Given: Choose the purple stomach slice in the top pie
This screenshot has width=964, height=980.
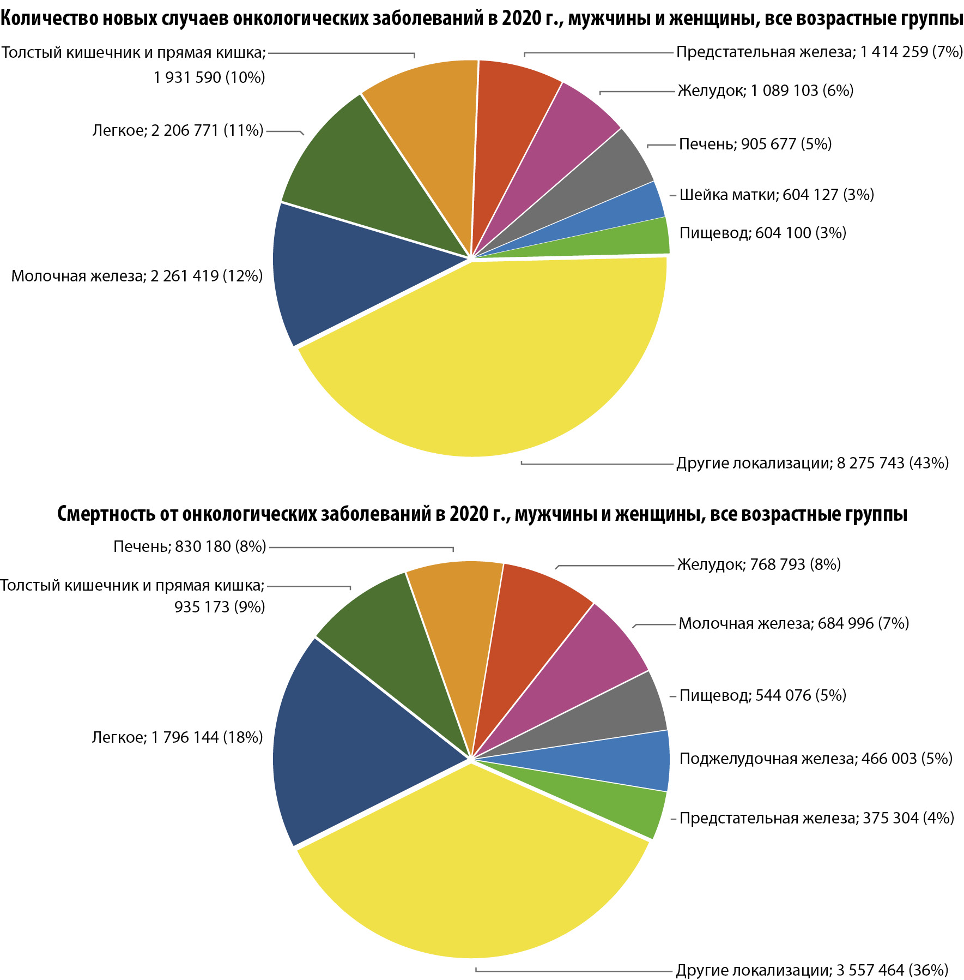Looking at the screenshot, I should pyautogui.click(x=561, y=136).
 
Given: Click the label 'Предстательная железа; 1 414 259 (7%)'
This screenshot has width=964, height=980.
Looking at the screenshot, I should pyautogui.click(x=820, y=52).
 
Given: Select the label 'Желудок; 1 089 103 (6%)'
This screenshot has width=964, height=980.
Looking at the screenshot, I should pyautogui.click(x=766, y=91).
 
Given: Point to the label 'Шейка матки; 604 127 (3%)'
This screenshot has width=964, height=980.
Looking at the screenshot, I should pyautogui.click(x=777, y=195).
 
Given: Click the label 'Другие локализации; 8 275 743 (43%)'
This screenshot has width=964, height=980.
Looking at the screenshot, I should pyautogui.click(x=813, y=464).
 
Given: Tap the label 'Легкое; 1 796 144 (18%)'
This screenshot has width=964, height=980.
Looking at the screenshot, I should pyautogui.click(x=177, y=738).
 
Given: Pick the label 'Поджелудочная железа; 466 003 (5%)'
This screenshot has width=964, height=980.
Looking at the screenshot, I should pyautogui.click(x=816, y=759).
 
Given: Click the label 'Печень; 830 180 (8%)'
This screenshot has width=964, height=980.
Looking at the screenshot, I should pyautogui.click(x=190, y=546).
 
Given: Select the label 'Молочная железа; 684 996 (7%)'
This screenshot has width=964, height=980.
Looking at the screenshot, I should pyautogui.click(x=793, y=623).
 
